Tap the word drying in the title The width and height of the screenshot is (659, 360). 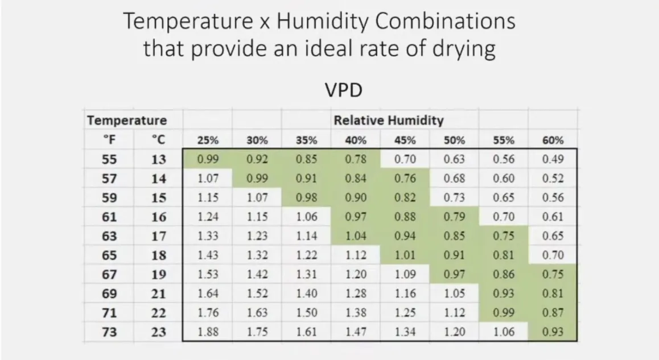460,48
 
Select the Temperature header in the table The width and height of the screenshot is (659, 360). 127,121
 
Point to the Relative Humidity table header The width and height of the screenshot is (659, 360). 388,121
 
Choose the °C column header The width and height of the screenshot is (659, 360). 158,140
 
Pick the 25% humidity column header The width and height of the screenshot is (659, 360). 208,140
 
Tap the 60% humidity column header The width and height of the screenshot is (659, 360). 553,140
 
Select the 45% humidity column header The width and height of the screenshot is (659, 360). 405,140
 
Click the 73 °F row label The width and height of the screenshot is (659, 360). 109,332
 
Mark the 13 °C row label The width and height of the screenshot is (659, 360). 159,159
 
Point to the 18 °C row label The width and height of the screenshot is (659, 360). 159,255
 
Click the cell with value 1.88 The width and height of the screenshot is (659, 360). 208,332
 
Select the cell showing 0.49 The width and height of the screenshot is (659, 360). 553,159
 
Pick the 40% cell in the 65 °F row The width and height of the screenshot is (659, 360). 356,255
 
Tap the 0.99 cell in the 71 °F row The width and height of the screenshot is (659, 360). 504,313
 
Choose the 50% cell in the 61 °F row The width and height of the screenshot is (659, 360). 454,217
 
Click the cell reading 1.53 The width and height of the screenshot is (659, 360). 208,275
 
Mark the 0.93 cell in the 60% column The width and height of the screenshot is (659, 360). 553,332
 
